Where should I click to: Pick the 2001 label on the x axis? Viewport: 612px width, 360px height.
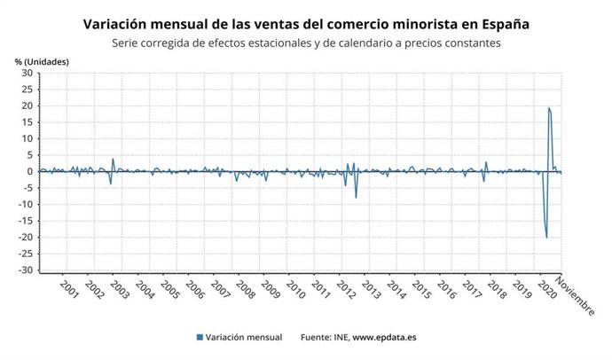coord(68,292)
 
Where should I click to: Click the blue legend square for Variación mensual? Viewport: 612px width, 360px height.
coord(200,338)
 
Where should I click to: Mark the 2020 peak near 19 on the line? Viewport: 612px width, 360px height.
coord(549,108)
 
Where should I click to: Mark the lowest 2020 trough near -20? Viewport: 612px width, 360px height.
coord(546,238)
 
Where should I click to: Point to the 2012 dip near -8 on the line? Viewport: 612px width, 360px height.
coord(357,197)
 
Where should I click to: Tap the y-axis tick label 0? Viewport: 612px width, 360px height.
coord(29,172)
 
